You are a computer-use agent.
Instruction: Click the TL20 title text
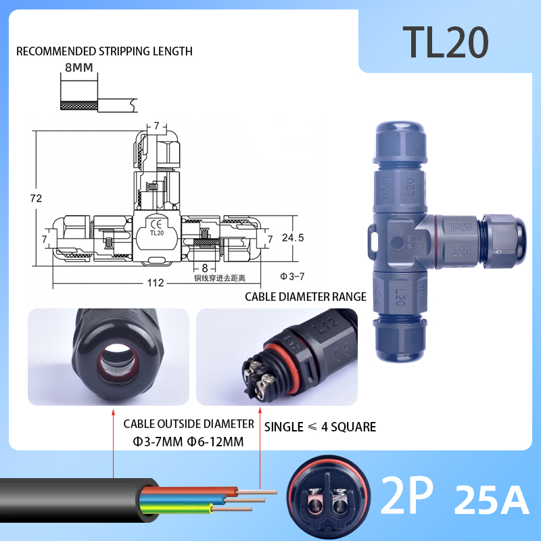pos(445,42)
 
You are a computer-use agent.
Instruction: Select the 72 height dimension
pos(37,198)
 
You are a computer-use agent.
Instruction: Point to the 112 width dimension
pos(155,283)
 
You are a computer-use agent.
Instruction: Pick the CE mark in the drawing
pos(156,225)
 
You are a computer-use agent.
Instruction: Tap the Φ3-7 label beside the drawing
pos(292,277)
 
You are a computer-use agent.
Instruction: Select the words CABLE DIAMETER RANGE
pos(306,296)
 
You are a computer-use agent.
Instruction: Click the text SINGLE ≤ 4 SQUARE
pos(320,427)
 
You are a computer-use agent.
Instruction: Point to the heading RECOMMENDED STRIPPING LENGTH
pos(104,51)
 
